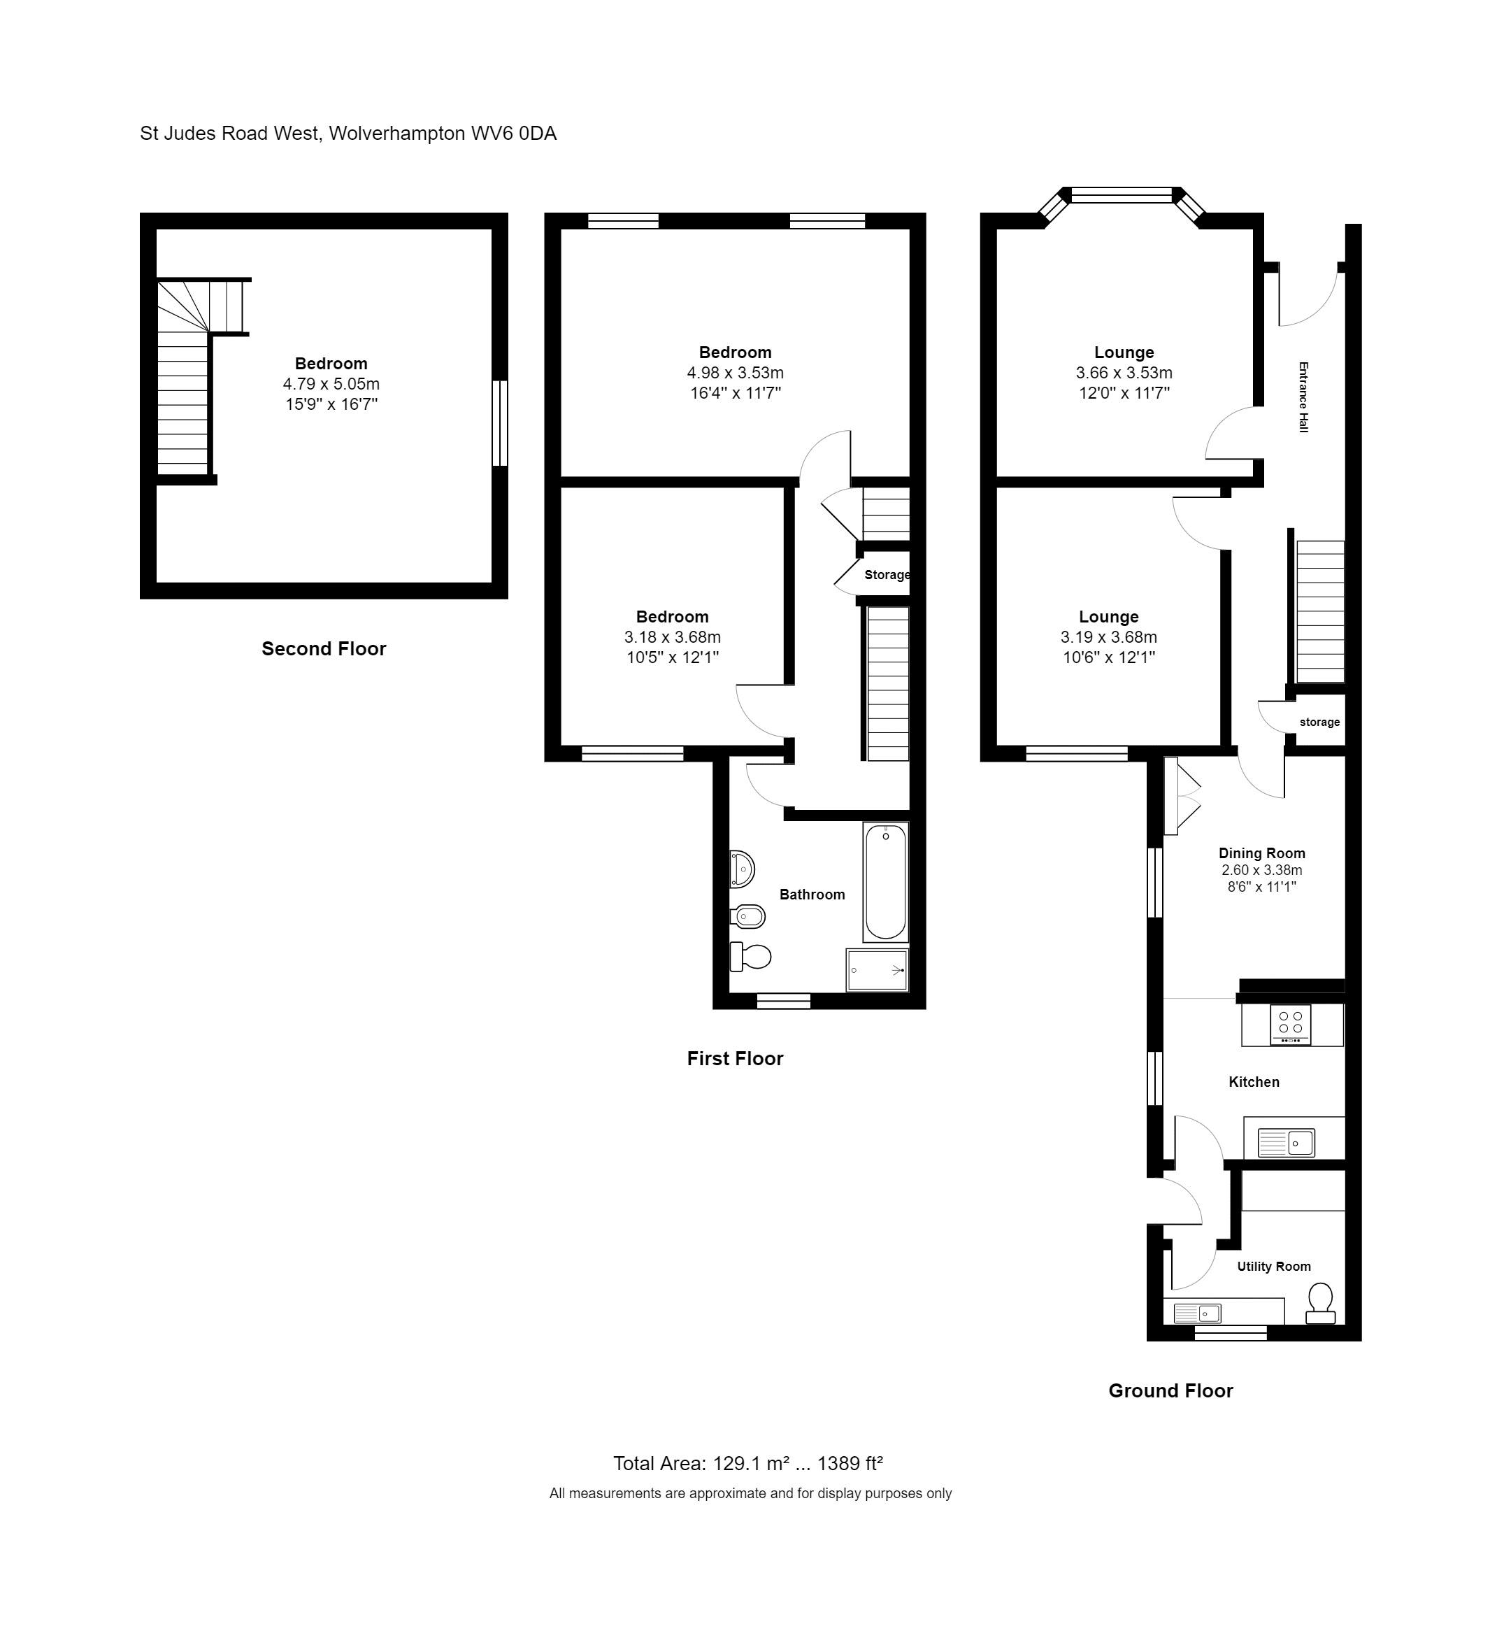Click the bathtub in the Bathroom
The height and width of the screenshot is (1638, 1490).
pos(886,881)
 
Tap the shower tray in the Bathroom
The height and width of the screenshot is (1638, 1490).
pos(877,969)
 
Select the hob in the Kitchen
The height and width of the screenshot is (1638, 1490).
pos(1290,1025)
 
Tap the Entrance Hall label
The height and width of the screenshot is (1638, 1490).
pos(1303,397)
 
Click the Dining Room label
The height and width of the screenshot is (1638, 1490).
pos(1261,853)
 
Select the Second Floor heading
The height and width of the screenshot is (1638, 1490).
pos(323,648)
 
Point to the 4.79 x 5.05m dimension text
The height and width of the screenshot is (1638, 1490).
pos(331,383)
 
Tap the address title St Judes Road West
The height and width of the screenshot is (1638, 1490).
pos(230,134)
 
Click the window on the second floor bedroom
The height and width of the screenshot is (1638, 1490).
pos(501,423)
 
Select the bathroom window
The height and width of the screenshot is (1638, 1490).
pos(783,1001)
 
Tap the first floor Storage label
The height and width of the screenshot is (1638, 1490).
pos(887,575)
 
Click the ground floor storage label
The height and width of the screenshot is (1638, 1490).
pos(1319,722)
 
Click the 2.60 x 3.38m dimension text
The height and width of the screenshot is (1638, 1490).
pos(1261,870)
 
